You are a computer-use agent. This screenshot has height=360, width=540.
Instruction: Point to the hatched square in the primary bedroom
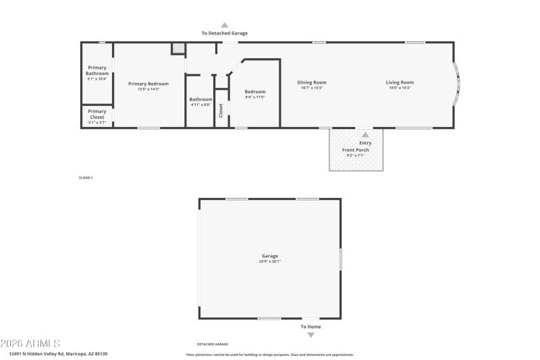(x=178, y=49)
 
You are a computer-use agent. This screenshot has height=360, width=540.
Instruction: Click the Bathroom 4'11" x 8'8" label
(x=200, y=101)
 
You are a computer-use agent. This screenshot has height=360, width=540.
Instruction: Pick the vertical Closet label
(x=221, y=110)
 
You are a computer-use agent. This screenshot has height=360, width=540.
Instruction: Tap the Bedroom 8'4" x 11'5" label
(x=254, y=94)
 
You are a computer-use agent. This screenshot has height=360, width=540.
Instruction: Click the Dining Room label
(x=312, y=84)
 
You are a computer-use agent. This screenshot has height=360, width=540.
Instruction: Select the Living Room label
(x=399, y=84)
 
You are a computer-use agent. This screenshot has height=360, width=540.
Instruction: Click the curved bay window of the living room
(x=457, y=84)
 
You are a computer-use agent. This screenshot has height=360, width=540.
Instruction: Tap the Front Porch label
(x=355, y=151)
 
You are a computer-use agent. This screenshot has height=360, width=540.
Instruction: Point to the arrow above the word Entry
(x=365, y=135)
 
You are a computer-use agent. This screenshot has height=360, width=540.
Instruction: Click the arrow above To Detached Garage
(x=225, y=24)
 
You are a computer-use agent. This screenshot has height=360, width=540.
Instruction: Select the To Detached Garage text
(x=225, y=33)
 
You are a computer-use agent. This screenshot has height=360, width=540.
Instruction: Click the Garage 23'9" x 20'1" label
(x=270, y=258)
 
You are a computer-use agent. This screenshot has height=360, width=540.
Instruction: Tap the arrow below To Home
(x=310, y=334)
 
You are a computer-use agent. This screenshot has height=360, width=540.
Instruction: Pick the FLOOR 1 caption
(x=86, y=178)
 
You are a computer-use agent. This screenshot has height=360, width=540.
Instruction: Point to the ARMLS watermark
(x=30, y=344)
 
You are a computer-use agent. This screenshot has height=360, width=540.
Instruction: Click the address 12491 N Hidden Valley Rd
(x=58, y=354)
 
